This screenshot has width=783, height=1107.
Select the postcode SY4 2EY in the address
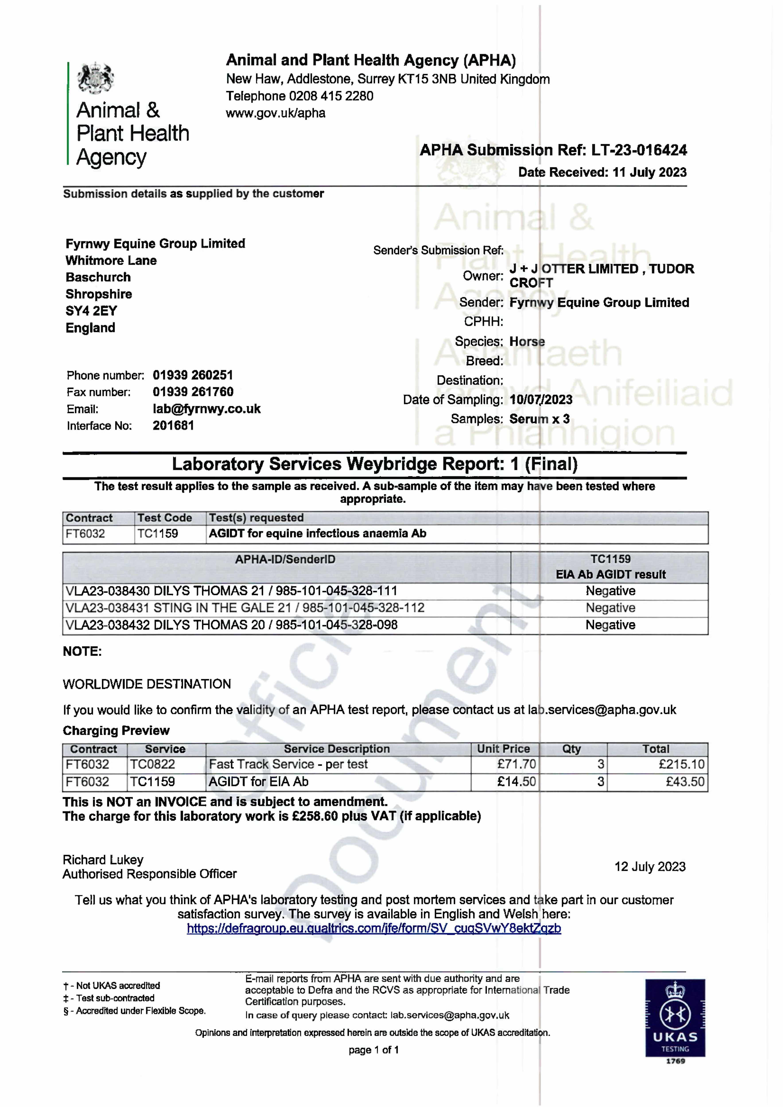click(91, 311)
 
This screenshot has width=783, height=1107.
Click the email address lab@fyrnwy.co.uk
click(206, 409)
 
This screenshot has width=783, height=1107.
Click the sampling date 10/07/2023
click(541, 400)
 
